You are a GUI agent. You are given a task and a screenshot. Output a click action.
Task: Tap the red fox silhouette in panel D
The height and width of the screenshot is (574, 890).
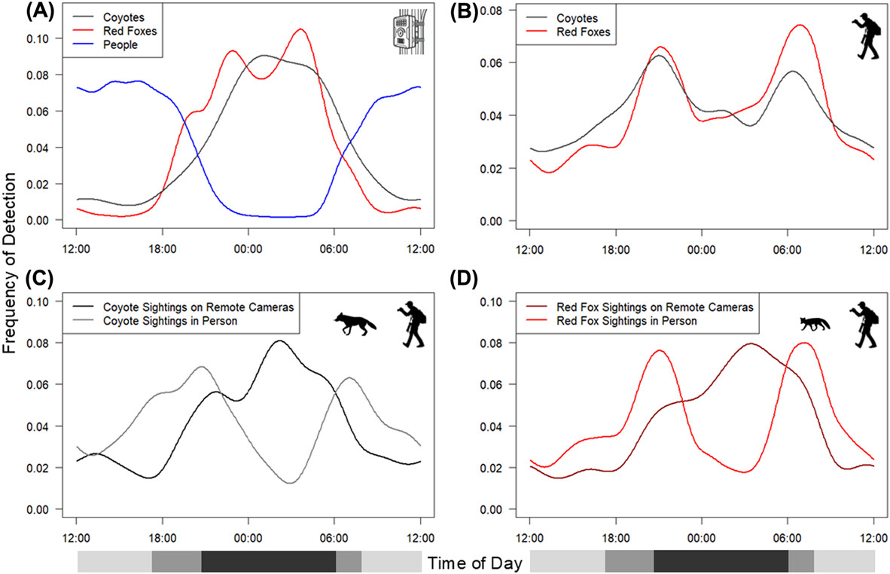coord(814,324)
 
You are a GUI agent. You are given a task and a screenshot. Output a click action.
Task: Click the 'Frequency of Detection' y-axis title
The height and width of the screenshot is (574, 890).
coord(11,263)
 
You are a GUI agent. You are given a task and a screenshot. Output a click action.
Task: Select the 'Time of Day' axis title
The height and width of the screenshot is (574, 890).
coord(474,562)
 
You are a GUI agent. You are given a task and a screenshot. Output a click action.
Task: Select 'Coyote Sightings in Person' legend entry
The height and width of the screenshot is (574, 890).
coord(180,321)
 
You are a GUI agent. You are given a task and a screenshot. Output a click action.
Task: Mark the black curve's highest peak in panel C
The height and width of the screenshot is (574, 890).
coord(279,340)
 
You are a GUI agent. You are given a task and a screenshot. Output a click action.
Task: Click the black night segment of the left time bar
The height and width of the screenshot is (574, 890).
coord(268,562)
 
